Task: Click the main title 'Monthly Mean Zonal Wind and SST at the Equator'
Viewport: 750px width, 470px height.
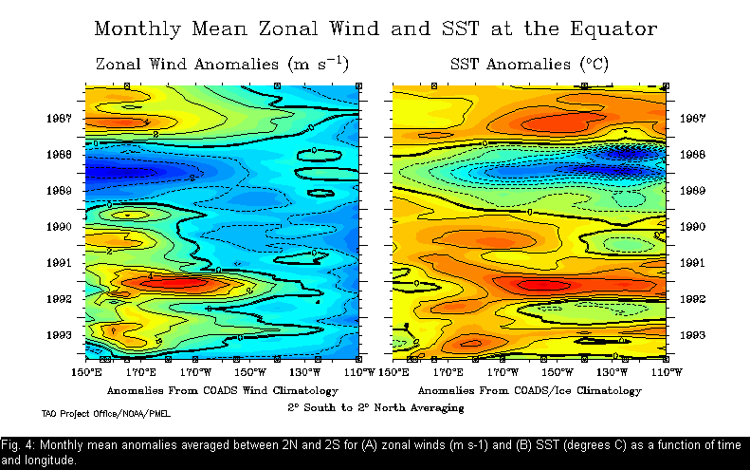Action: coord(375,28)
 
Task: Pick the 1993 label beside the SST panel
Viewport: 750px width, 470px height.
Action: coord(692,335)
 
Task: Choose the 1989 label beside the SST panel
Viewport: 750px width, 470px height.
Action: coord(692,191)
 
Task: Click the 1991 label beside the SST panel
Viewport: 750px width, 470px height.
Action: coord(692,263)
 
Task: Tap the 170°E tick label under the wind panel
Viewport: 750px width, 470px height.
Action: coord(141,372)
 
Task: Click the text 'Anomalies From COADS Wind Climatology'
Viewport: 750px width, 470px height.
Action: coord(222,390)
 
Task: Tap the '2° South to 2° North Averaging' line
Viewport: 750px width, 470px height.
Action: coord(376,407)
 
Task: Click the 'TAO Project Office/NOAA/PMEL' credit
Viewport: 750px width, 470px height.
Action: coord(106,414)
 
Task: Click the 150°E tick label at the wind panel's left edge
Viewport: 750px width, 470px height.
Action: coord(86,372)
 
